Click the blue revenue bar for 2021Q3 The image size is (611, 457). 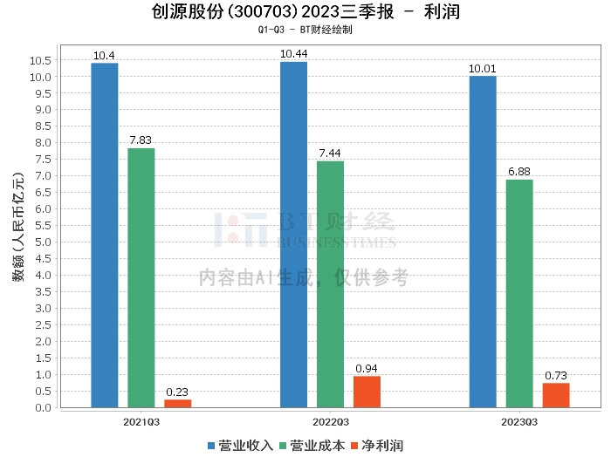pos(105,235)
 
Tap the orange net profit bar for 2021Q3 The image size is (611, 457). pos(177,403)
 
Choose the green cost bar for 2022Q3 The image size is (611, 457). pos(330,283)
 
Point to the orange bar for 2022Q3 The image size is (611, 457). pos(367,392)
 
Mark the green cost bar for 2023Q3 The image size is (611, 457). pos(519,293)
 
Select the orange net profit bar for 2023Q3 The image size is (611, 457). pos(556,395)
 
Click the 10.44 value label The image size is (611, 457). pos(293,54)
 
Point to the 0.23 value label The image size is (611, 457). pos(177,392)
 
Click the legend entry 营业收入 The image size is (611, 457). pos(241,446)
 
